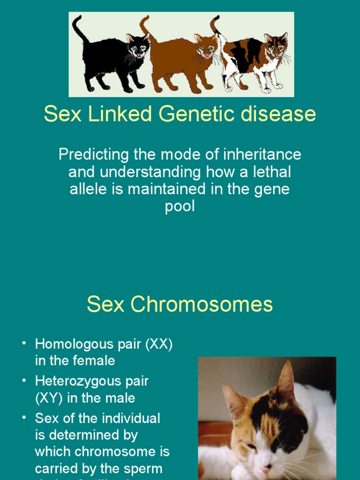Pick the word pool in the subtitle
(x=180, y=207)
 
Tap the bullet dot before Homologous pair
(x=23, y=344)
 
